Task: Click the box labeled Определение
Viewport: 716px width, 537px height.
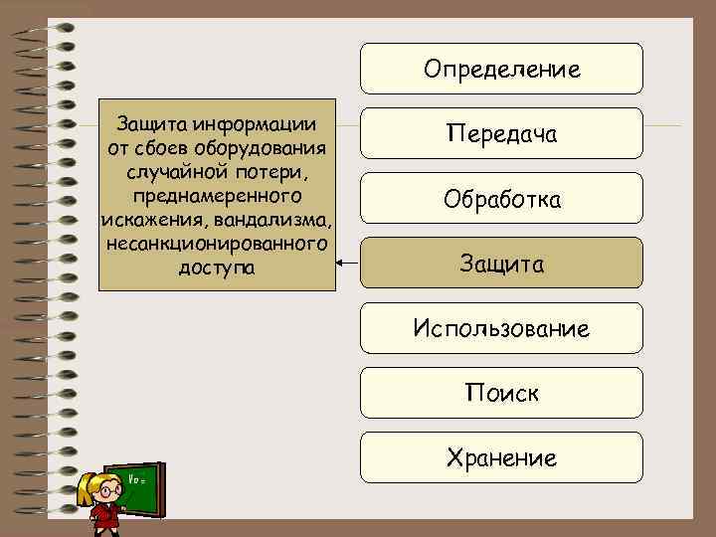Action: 501,69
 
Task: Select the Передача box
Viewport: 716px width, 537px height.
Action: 501,133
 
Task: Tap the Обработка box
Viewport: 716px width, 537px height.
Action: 501,199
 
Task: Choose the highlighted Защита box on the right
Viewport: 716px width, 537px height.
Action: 501,264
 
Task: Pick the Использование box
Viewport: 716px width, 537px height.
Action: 501,328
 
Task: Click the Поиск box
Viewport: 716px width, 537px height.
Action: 501,393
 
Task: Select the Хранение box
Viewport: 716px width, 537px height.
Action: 501,457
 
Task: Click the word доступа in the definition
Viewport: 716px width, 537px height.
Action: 216,268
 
